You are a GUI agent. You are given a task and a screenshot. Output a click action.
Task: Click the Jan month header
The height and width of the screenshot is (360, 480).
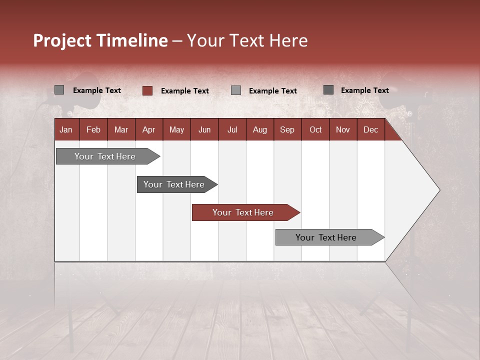coord(66,130)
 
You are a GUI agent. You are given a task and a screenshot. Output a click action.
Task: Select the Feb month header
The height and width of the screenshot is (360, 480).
coord(93,130)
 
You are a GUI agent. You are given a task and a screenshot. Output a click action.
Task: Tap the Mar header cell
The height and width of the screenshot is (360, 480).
coord(121,130)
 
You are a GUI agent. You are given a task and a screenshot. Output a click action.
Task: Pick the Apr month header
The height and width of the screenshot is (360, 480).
coord(148,130)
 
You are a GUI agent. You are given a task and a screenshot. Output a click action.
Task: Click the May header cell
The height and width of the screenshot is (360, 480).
coord(176,130)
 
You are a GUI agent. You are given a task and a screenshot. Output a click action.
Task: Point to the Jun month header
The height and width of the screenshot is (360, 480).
coord(204,130)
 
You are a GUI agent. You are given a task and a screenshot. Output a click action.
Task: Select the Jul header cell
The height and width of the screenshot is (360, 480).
coord(232,130)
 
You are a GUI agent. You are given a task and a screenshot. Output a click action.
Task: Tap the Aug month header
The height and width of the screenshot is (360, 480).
coord(259,130)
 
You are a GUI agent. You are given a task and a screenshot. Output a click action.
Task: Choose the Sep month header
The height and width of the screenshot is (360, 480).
coord(287,130)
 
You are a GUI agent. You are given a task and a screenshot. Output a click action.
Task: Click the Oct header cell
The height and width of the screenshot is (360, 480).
coord(315,130)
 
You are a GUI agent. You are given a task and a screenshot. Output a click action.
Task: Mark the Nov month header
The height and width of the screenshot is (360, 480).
coord(343,130)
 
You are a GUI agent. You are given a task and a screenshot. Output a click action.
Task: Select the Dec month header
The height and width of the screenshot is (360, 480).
coord(370,130)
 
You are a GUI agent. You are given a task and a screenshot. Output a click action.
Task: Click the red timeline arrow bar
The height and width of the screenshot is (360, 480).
coord(245,212)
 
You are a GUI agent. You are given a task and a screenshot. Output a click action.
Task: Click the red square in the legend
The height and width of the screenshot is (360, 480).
coord(147,90)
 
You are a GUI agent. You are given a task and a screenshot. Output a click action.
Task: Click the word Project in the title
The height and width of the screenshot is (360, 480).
coord(62,40)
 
